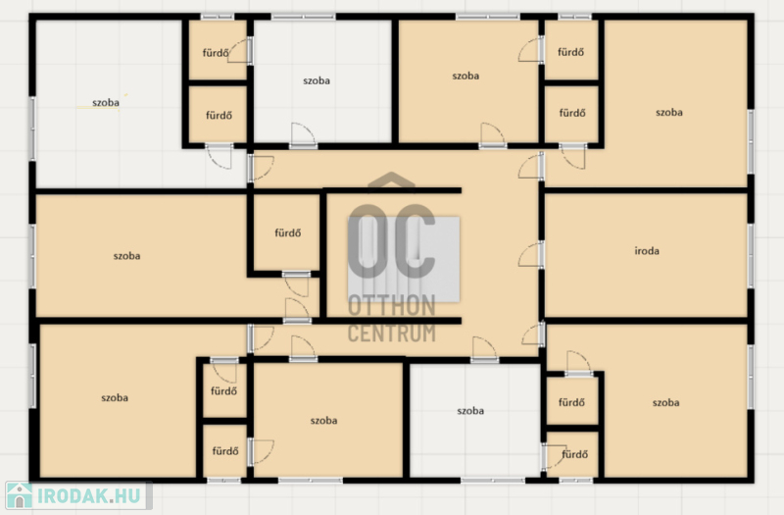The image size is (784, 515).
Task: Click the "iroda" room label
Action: pyautogui.click(x=647, y=251)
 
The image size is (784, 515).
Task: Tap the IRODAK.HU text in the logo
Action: pyautogui.click(x=89, y=496)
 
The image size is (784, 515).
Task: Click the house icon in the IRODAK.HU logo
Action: pyautogui.click(x=19, y=495)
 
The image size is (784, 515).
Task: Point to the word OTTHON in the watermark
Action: pyautogui.click(x=391, y=306)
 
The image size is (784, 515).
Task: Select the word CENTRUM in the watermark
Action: pyautogui.click(x=391, y=333)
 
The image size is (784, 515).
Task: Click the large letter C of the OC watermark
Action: pyautogui.click(x=415, y=241)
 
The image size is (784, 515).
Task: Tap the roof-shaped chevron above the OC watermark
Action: pyautogui.click(x=391, y=181)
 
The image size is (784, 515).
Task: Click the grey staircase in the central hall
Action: pyautogui.click(x=404, y=259)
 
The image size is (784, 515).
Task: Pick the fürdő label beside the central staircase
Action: pyautogui.click(x=287, y=232)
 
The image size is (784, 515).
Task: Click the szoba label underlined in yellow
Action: pyautogui.click(x=106, y=103)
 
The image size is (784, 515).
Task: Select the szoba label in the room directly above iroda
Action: pyautogui.click(x=669, y=112)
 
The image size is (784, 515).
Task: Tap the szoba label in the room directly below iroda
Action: pyautogui.click(x=665, y=402)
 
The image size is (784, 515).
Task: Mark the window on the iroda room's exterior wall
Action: pyautogui.click(x=751, y=256)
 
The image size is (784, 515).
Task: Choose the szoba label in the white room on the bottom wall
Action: pyautogui.click(x=470, y=410)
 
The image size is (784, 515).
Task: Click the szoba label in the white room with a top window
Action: pyautogui.click(x=316, y=80)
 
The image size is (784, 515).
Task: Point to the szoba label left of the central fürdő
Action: pyautogui.click(x=126, y=256)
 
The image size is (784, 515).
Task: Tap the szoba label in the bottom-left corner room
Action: pyautogui.click(x=115, y=398)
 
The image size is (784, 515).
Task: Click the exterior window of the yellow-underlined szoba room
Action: pyautogui.click(x=32, y=129)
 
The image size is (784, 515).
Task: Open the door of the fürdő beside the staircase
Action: pyautogui.click(x=297, y=283)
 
